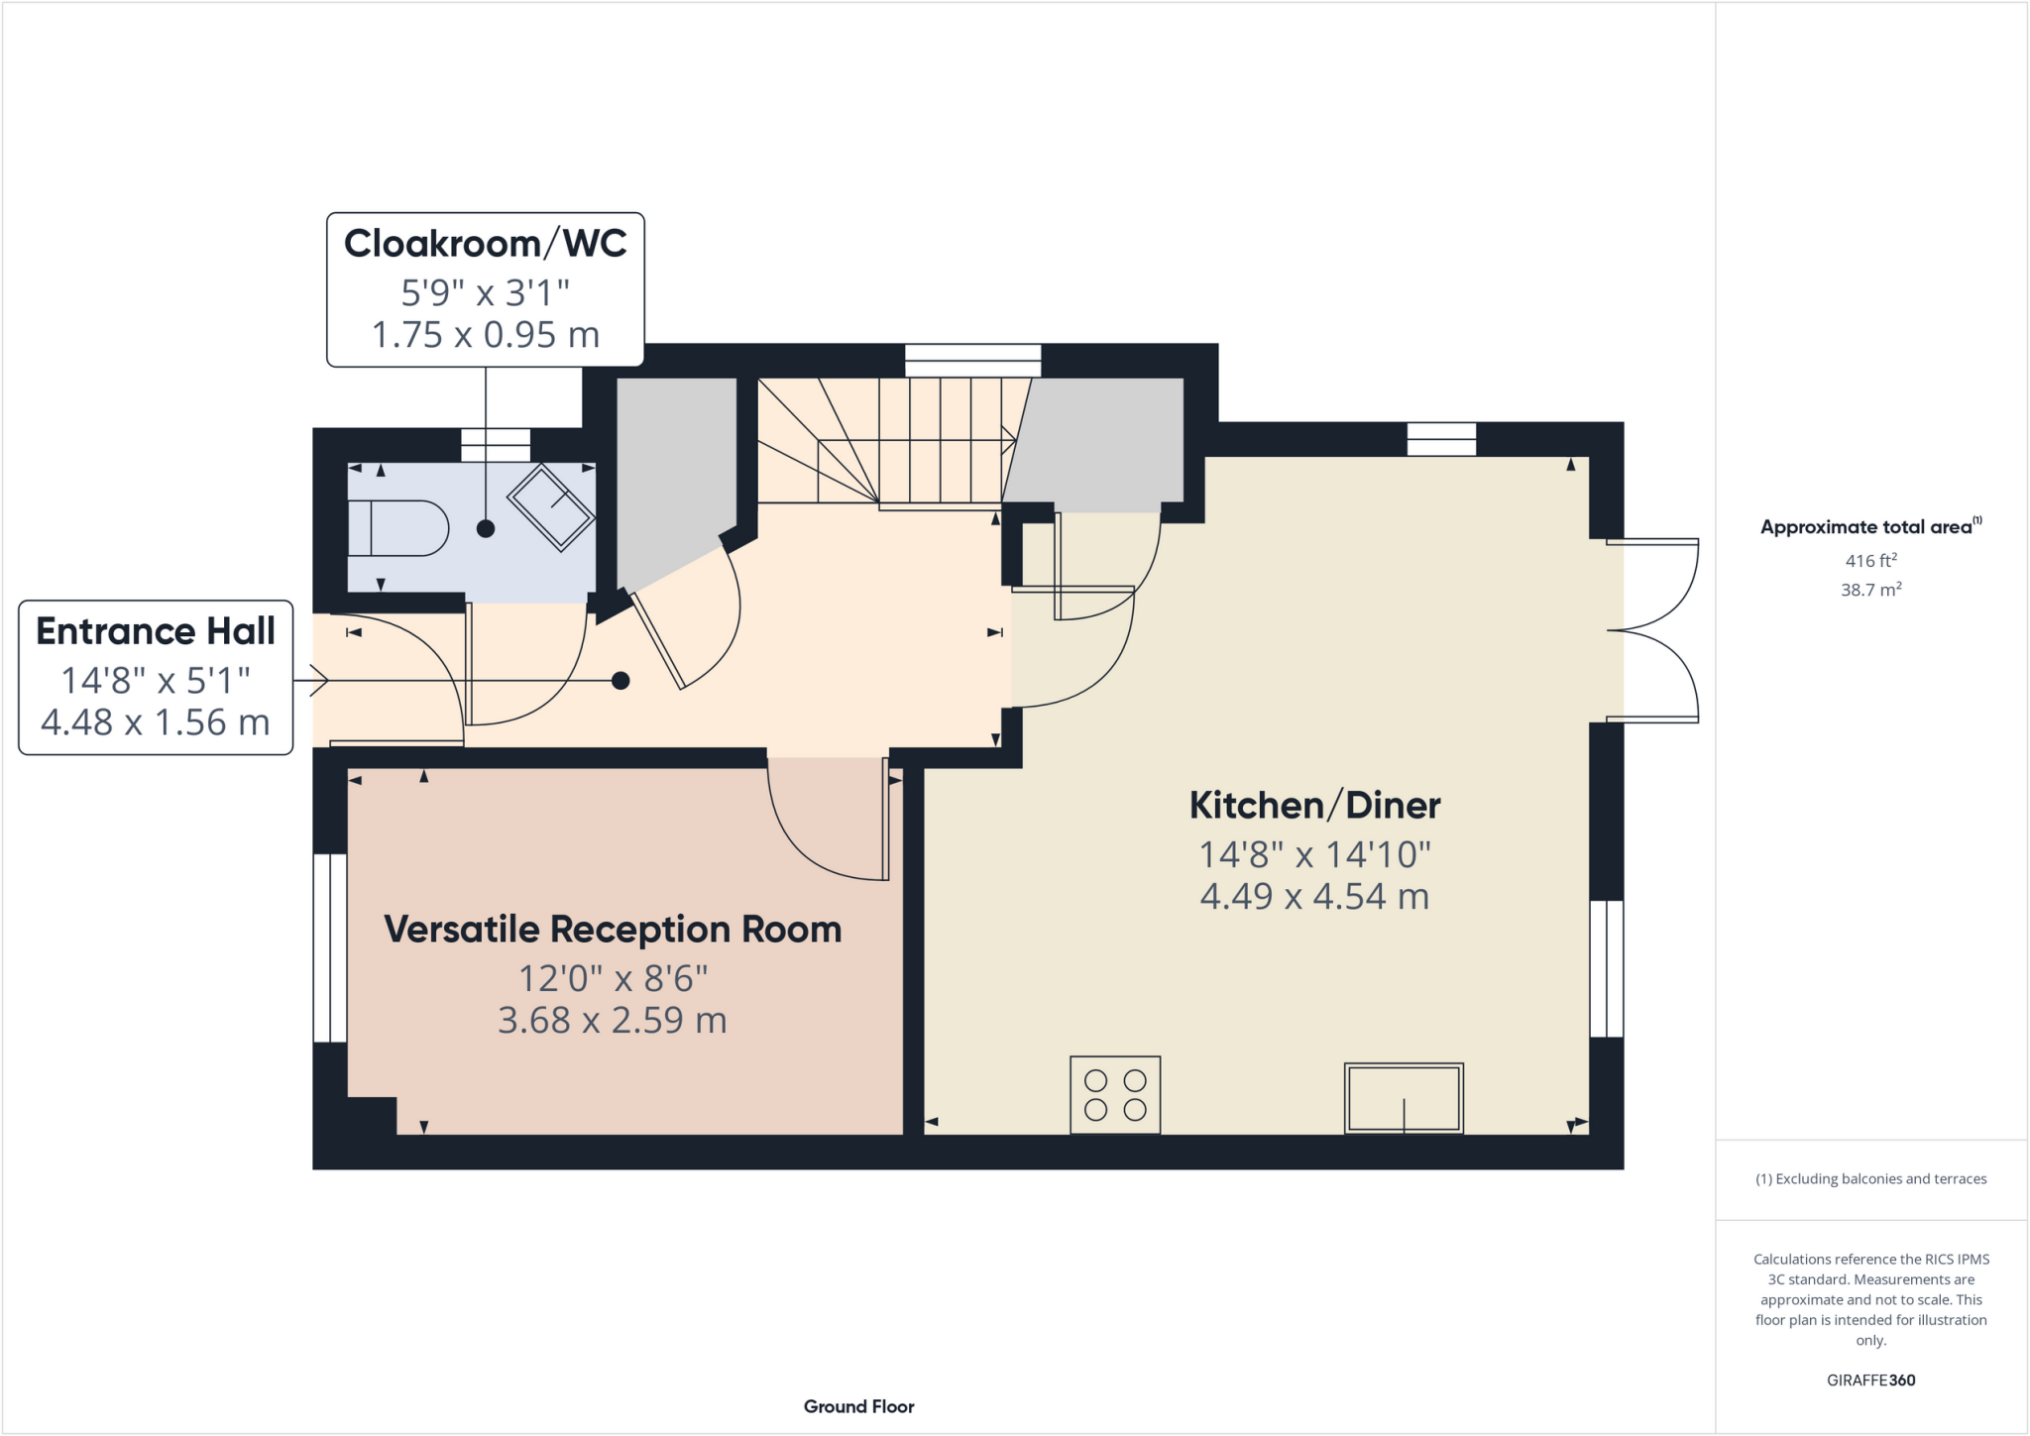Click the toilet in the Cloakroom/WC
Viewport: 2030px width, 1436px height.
pos(397,528)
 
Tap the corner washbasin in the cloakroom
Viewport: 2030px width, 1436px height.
pos(551,506)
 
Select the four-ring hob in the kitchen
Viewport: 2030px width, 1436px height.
pos(1115,1095)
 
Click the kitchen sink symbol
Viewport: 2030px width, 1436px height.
pos(1404,1098)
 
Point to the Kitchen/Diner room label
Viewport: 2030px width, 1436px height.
pos(1314,806)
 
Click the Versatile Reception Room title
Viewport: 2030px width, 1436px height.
pos(613,930)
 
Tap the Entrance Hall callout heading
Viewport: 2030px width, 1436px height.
pos(156,631)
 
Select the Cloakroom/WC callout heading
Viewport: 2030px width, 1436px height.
pos(485,244)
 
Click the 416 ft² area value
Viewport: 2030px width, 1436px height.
pos(1870,561)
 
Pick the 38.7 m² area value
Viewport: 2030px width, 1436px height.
pos(1870,590)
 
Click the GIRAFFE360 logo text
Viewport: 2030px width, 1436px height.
pos(1870,1380)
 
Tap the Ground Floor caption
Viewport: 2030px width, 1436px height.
pos(858,1406)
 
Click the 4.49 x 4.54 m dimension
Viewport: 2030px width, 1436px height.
pos(1314,897)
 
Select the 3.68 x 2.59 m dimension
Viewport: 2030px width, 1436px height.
pos(613,1021)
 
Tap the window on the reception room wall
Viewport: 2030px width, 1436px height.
pos(330,947)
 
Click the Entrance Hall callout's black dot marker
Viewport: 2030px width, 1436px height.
pos(620,681)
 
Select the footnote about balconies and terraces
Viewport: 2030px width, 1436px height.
pos(1870,1179)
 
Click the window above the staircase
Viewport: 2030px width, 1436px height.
pos(972,360)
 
